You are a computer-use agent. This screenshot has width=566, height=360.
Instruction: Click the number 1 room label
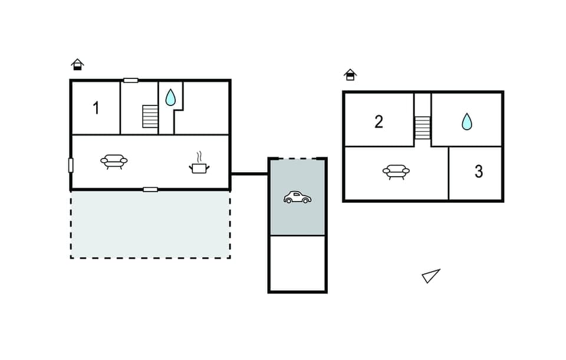tap(96, 108)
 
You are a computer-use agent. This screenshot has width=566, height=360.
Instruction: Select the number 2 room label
tap(379, 122)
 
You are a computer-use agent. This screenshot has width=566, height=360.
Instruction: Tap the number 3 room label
tap(479, 171)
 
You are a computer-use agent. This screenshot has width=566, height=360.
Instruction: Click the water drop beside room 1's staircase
tap(170, 97)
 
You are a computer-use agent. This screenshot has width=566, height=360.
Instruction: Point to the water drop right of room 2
tap(466, 121)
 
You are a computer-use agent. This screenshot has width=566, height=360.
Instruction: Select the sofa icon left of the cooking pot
tap(114, 161)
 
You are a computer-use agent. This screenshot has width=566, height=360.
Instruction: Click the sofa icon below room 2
tap(396, 171)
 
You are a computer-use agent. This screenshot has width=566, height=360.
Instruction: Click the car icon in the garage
tap(297, 197)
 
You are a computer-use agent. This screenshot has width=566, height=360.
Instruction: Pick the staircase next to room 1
tap(151, 116)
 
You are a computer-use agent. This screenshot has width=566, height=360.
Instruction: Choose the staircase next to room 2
tap(422, 127)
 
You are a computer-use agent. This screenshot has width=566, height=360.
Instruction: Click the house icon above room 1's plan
tap(77, 64)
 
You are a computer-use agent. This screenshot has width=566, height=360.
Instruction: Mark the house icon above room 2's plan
tap(350, 74)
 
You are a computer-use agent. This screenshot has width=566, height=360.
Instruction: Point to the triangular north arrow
tap(431, 276)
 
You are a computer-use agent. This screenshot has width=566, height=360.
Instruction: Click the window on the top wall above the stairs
tap(131, 80)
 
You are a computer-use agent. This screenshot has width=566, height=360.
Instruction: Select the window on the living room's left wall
tap(71, 165)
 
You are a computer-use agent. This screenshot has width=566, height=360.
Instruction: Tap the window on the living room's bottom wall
tap(150, 190)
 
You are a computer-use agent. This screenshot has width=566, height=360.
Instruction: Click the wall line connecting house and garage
tap(249, 173)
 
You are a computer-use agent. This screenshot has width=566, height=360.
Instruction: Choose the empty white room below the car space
tap(297, 263)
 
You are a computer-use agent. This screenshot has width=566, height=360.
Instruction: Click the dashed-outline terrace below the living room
tap(150, 224)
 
